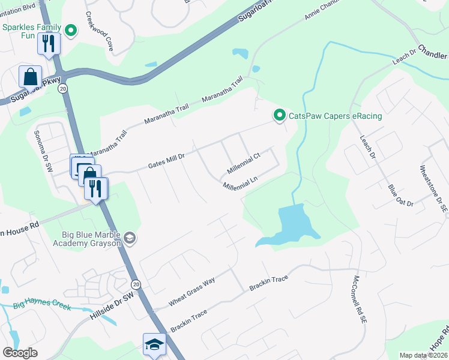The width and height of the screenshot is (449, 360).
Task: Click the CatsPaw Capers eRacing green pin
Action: [279, 115]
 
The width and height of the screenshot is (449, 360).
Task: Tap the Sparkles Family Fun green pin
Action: [71, 31]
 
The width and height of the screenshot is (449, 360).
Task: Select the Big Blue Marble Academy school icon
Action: [129, 239]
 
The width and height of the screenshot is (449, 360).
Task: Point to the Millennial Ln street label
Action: [240, 182]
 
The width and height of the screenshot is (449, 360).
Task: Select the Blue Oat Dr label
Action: [401, 196]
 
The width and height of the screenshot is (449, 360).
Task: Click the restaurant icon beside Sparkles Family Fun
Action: [49, 43]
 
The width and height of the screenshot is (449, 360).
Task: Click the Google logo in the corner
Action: [20, 353]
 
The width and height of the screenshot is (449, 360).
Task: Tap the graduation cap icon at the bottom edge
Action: [154, 344]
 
